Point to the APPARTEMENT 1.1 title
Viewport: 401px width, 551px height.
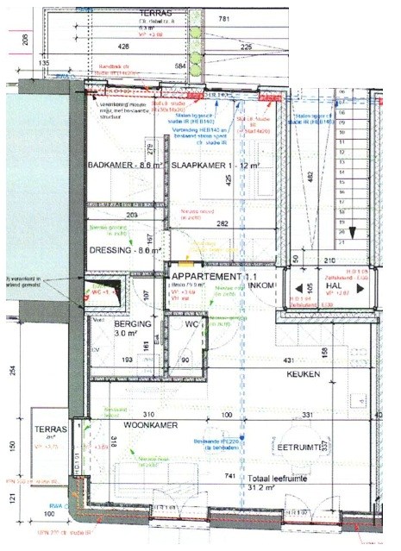206,275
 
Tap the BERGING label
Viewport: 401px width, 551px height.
133,325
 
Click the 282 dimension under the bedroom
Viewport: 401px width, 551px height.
222,223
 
